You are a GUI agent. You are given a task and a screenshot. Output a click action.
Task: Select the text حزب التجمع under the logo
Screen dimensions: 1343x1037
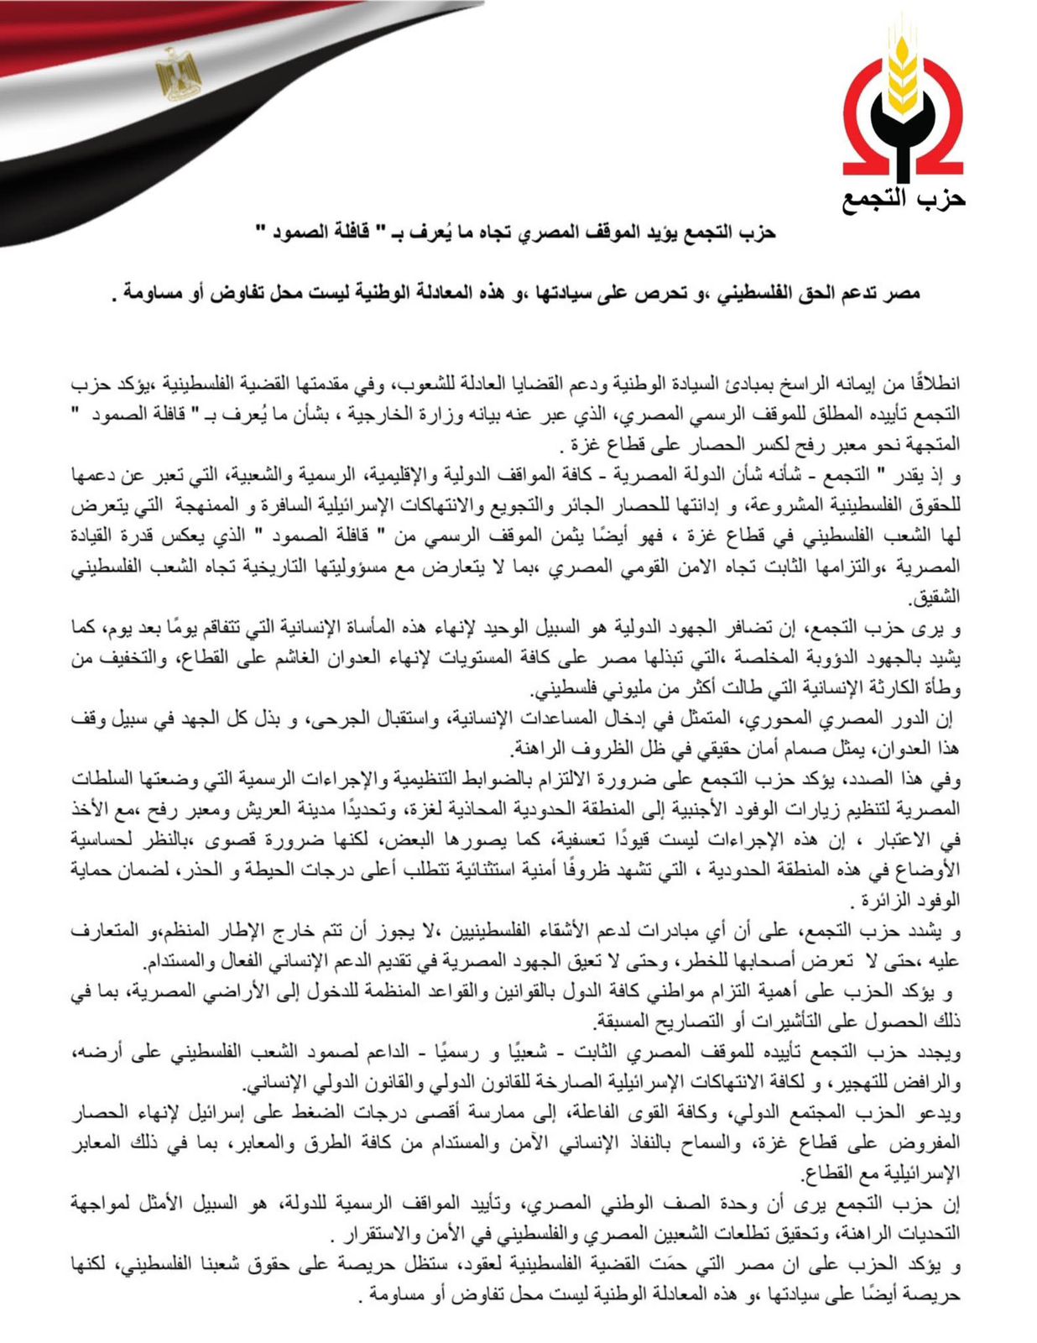pos(904,198)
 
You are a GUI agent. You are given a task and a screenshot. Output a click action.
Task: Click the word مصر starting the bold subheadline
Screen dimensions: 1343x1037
pos(903,293)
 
